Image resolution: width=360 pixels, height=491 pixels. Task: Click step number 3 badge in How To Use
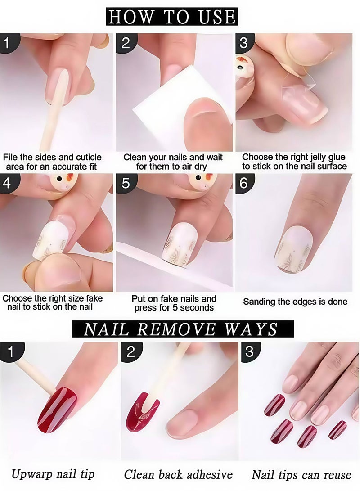click(x=243, y=43)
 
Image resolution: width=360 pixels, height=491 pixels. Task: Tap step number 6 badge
click(x=243, y=184)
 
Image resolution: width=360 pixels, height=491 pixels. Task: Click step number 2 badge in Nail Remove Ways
click(x=130, y=351)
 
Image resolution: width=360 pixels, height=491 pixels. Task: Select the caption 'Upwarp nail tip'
click(x=53, y=474)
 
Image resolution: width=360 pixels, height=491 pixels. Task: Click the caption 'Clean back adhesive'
click(x=178, y=474)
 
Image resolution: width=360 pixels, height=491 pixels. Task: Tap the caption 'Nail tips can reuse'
click(x=301, y=474)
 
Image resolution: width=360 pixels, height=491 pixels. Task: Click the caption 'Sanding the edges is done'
click(x=295, y=302)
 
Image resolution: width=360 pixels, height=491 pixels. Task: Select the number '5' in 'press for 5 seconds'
click(x=173, y=308)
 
